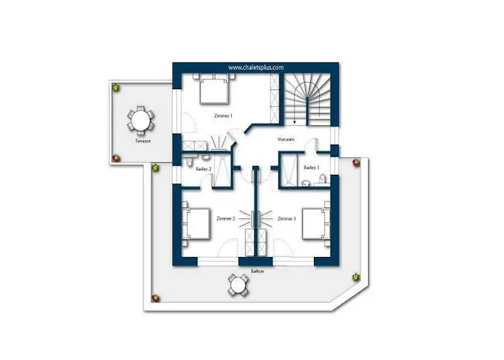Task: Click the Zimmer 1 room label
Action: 223,116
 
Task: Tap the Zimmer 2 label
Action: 225,219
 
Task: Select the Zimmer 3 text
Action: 287,219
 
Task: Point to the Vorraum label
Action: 286,140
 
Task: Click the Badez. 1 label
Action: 312,168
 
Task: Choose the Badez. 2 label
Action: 204,168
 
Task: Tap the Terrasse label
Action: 143,141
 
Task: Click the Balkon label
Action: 258,271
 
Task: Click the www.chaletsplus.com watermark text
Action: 256,68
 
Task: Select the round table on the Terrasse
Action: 140,120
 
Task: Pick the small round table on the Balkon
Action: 238,285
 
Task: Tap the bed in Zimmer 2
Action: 196,224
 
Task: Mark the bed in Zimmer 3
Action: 316,224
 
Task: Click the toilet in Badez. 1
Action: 323,179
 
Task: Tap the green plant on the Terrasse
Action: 116,87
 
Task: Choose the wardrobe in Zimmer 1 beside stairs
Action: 274,99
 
